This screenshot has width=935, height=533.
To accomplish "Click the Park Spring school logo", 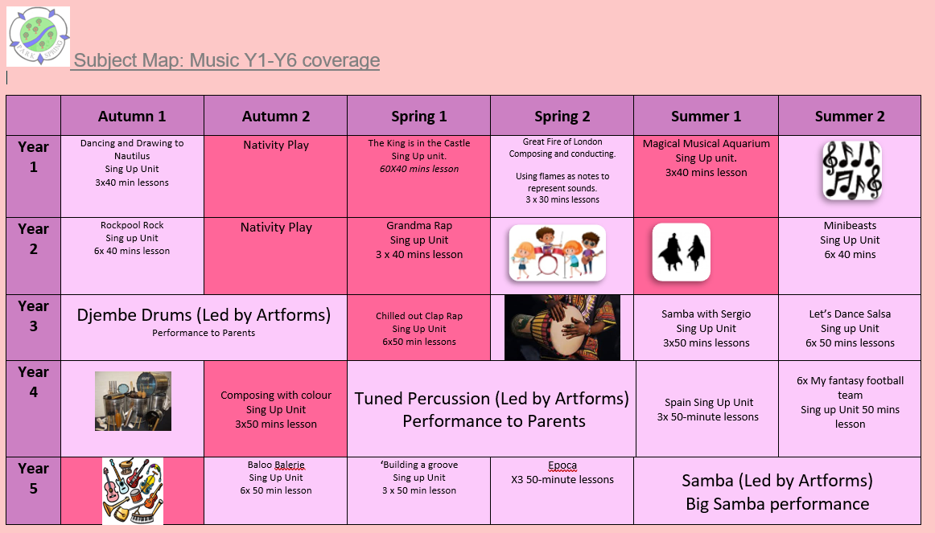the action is tap(38, 35).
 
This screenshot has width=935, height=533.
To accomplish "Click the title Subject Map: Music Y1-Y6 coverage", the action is tap(227, 60).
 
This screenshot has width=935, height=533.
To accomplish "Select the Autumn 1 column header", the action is tap(132, 116).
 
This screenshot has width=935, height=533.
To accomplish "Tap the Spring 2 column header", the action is tap(562, 116).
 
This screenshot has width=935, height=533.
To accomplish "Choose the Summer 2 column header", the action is tap(850, 116).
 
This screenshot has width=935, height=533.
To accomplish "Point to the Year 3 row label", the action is tap(34, 316).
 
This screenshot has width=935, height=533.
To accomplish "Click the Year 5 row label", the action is tap(34, 478).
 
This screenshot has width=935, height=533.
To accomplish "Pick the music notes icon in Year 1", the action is tap(851, 170).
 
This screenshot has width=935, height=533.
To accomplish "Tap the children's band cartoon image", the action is tap(557, 252).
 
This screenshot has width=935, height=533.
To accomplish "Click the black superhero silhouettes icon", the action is tap(681, 252).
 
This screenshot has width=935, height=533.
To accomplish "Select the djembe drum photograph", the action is tap(562, 327).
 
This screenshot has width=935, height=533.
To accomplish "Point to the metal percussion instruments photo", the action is tap(133, 401).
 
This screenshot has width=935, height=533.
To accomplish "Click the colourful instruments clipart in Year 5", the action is tap(133, 490).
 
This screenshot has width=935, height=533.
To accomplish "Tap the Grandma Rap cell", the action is tap(419, 256).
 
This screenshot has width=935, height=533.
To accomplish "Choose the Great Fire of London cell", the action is tap(562, 176).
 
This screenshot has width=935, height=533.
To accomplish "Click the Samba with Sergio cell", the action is tap(706, 327).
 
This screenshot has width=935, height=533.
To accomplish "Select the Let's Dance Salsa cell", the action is tap(850, 327).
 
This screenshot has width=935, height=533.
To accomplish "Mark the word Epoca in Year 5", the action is tap(562, 465).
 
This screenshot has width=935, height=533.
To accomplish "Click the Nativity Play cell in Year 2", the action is tap(275, 256).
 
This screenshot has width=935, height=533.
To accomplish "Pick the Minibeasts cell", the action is tap(850, 256).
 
